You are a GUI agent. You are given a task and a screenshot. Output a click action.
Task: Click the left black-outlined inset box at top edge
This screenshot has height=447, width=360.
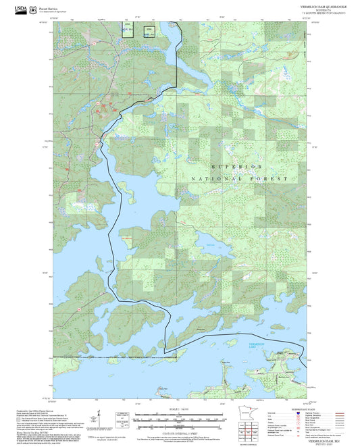tap(128, 28)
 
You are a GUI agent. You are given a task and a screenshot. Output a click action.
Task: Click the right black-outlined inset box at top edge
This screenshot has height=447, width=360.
tap(149, 29)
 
